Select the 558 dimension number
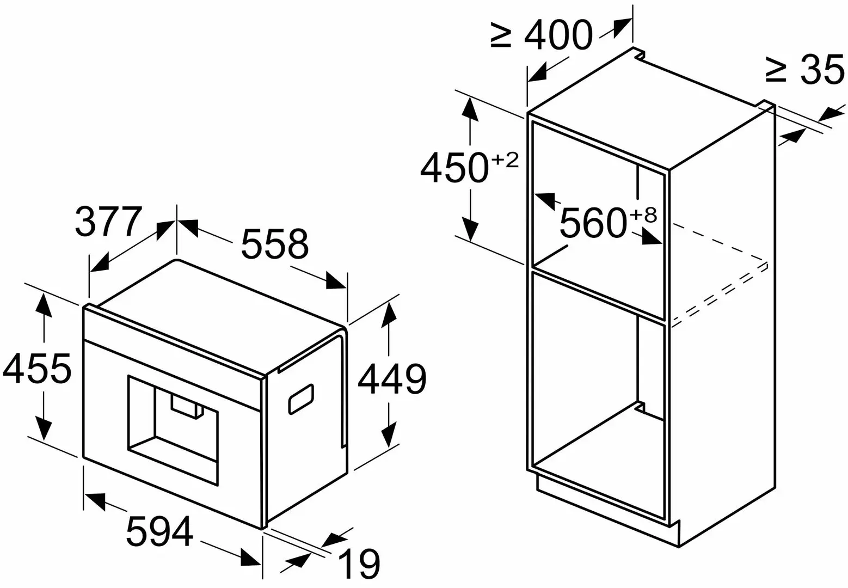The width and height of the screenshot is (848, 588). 275,244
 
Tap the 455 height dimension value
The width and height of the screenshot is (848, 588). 36,369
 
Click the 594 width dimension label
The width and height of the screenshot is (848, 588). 159,531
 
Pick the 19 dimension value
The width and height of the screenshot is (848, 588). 359,563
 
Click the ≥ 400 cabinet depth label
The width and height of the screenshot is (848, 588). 542,35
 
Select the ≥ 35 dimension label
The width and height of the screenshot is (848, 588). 804,70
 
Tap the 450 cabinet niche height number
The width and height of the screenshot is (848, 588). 454,168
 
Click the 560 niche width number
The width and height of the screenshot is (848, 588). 593,223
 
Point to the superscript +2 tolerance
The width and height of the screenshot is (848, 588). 505,160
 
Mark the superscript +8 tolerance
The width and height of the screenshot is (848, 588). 643,215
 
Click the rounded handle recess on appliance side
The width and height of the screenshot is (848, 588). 302,399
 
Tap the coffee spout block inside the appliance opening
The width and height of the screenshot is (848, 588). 187,407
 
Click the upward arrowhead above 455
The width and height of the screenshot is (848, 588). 44,305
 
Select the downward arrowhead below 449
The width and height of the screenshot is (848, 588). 389,434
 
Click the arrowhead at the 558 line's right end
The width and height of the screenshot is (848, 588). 336,280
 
